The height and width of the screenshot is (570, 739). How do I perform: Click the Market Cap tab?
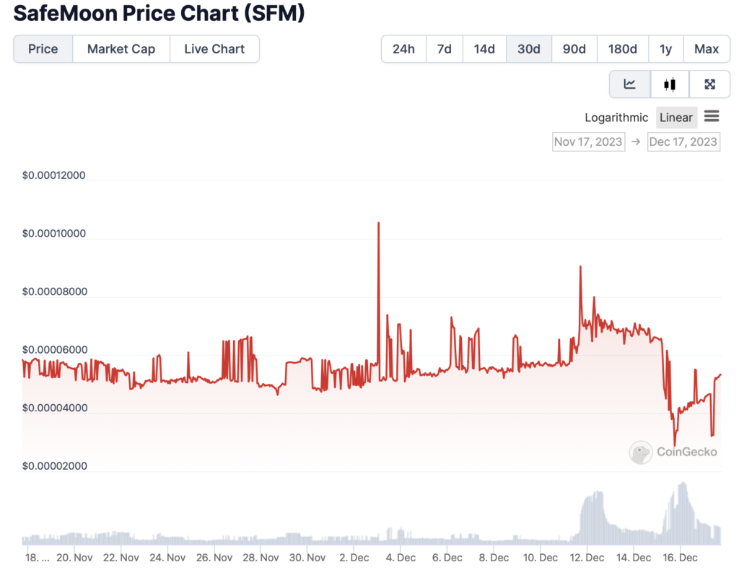point(121,49)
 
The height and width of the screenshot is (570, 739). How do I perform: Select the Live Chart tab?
point(214,49)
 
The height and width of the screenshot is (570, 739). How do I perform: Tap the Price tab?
point(43,49)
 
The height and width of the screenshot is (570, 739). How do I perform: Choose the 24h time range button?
point(403,49)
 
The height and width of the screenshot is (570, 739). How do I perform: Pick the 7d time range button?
point(444,49)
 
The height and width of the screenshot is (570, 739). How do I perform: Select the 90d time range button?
point(574,49)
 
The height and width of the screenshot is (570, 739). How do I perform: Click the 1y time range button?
point(665,49)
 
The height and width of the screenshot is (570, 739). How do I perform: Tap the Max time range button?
point(706,49)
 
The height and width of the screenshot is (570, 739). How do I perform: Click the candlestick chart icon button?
point(669,84)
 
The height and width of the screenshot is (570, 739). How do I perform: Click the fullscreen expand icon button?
point(709,84)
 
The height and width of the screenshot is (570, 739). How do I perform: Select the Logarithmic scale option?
point(616,118)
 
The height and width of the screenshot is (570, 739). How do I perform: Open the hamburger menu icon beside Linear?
point(712,116)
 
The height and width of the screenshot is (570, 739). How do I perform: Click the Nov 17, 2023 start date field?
point(588,141)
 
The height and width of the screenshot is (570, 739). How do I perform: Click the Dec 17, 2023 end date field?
point(683,141)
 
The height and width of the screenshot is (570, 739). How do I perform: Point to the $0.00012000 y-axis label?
point(54,175)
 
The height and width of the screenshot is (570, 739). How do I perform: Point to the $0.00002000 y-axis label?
point(54,466)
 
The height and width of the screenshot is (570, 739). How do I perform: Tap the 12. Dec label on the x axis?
point(586,558)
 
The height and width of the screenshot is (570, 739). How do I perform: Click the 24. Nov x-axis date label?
point(167,558)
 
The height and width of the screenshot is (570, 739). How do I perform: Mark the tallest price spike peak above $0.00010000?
point(378,223)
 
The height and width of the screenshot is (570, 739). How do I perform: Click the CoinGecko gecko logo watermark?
point(641,452)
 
